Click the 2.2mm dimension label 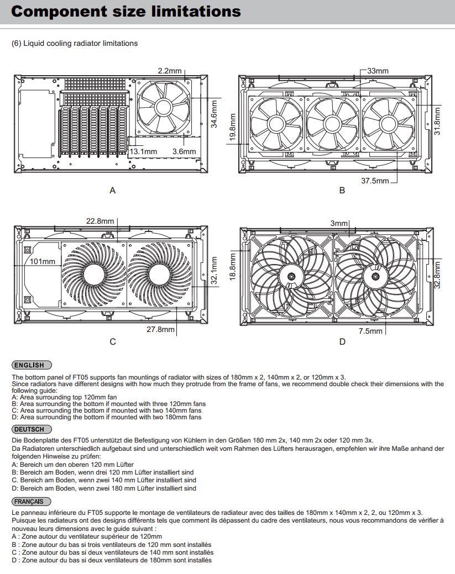[170, 71]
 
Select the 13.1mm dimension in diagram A [144, 151]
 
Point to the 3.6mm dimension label [184, 151]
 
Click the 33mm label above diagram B [378, 71]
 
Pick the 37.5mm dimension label [375, 181]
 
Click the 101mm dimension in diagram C [43, 261]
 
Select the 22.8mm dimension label [100, 222]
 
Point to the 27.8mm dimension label [161, 330]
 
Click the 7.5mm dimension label [370, 331]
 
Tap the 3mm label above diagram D [339, 223]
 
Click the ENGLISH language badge [32, 365]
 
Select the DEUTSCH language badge [32, 429]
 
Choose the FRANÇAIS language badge [32, 501]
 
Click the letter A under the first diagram [113, 191]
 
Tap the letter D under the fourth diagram [342, 341]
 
